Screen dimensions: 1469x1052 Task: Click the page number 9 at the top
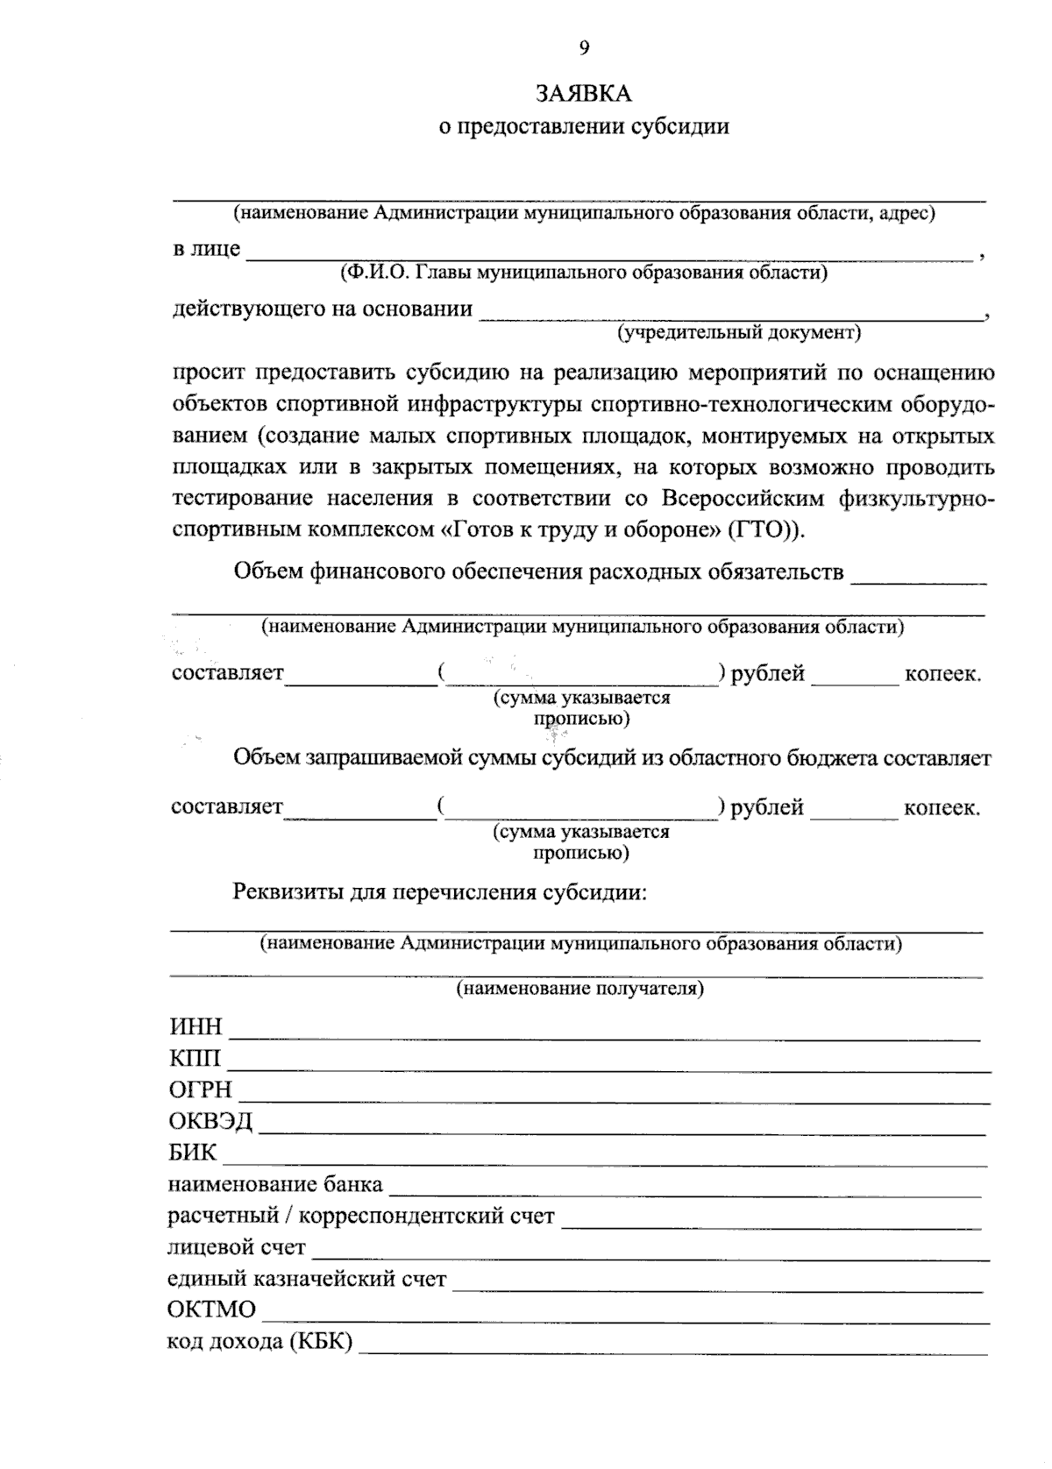584,49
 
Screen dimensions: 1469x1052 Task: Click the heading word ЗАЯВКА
584,93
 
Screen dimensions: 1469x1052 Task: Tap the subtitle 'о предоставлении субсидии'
584,126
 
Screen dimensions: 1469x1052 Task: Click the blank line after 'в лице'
609,256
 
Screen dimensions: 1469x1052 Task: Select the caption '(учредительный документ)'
739,333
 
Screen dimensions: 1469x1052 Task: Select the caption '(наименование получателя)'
579,990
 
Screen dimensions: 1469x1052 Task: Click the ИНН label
195,1027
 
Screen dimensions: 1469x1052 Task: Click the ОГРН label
201,1090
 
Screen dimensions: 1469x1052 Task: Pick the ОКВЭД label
210,1122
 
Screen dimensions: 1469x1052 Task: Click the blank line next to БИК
605,1162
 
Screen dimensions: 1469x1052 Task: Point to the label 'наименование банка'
275,1185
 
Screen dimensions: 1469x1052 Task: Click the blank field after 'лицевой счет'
650,1257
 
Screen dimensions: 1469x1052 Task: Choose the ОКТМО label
211,1310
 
